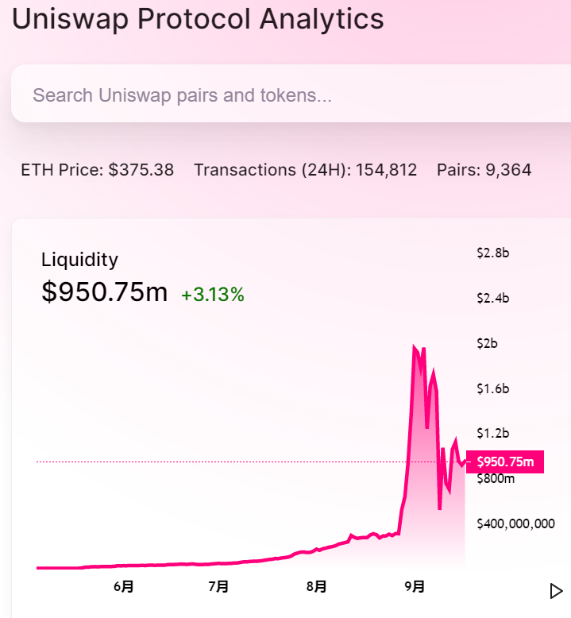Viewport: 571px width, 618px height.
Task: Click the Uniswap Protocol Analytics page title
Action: point(198,18)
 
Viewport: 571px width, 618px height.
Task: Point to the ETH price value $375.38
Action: point(141,170)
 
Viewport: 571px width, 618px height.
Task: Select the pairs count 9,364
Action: point(506,170)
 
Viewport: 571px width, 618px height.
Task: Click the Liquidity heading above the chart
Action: point(79,260)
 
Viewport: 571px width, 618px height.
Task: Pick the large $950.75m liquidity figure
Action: point(104,292)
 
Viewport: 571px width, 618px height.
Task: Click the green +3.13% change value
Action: point(213,295)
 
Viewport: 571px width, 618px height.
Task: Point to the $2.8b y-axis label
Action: point(492,253)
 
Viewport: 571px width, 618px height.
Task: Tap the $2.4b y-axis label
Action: point(492,299)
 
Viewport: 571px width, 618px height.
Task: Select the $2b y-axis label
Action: point(487,344)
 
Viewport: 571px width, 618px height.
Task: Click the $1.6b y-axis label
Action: point(492,388)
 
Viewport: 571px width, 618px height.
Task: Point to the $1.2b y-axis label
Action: point(492,434)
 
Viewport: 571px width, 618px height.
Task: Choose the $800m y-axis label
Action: point(495,478)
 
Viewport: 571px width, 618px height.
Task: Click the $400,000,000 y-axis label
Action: point(515,523)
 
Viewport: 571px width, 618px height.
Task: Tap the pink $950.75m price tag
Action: point(505,462)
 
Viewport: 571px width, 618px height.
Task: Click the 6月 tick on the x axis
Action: point(123,587)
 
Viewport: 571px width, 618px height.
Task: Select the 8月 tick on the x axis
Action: point(316,587)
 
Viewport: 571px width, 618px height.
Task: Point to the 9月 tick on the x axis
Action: point(414,587)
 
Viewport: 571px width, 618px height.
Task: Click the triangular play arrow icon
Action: point(556,591)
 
